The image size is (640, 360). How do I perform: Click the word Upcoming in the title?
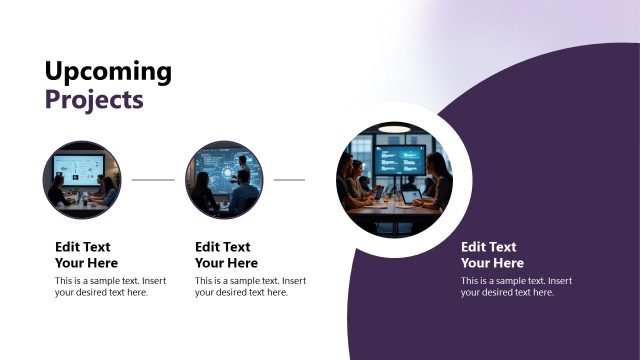tap(108, 72)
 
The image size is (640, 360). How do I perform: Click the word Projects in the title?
tap(94, 100)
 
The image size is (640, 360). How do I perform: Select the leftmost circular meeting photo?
tap(82, 180)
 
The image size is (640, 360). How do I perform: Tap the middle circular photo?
tap(224, 180)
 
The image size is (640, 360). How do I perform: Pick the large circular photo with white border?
tap(395, 180)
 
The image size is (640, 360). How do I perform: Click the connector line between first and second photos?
tap(153, 180)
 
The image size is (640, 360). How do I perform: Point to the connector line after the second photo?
tap(289, 180)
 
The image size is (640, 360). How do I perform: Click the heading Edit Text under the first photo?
tap(83, 247)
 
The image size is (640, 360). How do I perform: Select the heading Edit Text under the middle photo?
tap(223, 247)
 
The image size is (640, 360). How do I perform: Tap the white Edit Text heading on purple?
tap(489, 247)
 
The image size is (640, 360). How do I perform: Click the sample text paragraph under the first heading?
tap(110, 287)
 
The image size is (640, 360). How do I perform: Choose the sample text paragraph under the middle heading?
tap(250, 287)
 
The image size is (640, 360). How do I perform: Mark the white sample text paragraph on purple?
tap(516, 287)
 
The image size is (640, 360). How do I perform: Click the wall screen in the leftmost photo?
tap(79, 167)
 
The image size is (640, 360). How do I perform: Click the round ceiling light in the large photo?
tap(395, 128)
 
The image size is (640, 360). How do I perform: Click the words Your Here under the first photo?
tap(86, 263)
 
